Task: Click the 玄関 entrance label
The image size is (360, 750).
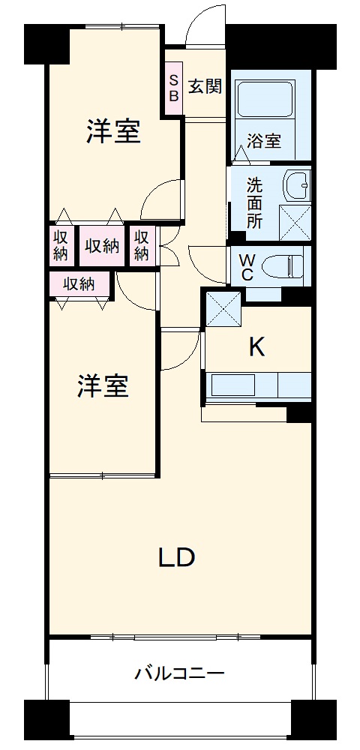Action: [x=205, y=86]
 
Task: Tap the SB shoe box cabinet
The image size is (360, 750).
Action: [x=174, y=88]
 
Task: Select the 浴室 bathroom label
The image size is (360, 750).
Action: [x=264, y=140]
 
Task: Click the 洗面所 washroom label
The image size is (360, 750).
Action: [x=255, y=202]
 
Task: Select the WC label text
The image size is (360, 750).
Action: [x=246, y=267]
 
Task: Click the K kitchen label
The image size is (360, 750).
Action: [x=257, y=346]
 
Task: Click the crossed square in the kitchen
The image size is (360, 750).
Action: [x=223, y=307]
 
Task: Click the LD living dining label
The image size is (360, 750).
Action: [x=177, y=557]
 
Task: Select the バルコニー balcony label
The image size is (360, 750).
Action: [x=179, y=673]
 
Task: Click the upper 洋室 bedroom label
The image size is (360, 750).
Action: [x=112, y=132]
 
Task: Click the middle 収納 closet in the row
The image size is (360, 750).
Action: [x=101, y=245]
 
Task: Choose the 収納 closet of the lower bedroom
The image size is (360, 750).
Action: [x=79, y=284]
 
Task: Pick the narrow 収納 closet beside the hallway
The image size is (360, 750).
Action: [x=142, y=245]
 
